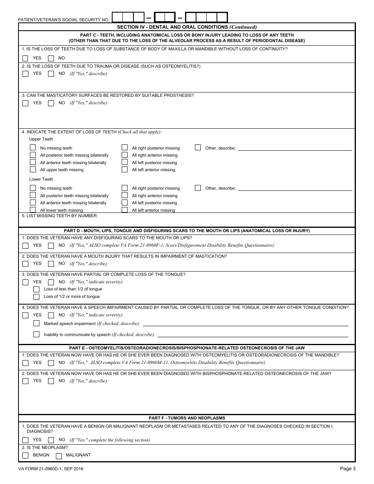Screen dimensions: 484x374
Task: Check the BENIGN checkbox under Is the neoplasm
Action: tap(26, 456)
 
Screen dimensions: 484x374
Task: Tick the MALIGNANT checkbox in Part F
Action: tap(59, 456)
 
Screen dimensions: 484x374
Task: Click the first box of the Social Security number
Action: tap(118, 17)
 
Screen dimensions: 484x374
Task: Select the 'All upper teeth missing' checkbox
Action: tap(33, 170)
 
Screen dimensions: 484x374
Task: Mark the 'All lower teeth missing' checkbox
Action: tap(33, 210)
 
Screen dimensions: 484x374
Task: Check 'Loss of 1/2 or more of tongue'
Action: tap(37, 297)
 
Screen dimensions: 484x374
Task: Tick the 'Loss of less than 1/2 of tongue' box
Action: tap(37, 289)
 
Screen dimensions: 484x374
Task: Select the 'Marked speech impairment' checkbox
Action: tap(37, 323)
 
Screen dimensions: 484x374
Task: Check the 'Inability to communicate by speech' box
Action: tap(37, 334)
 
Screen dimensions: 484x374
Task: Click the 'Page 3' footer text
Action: tap(348, 469)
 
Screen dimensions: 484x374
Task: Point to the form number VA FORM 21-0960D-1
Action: tap(51, 469)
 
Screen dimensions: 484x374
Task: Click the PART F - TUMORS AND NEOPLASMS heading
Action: tap(187, 418)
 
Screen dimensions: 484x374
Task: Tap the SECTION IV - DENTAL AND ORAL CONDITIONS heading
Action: tap(187, 27)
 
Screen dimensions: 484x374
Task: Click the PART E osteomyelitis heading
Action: tap(187, 348)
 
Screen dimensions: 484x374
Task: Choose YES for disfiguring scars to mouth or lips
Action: tap(26, 246)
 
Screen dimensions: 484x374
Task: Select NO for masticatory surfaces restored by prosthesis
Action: tap(51, 103)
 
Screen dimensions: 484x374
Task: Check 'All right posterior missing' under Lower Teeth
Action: tap(125, 188)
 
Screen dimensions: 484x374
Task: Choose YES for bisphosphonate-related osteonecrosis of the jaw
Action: tap(26, 381)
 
